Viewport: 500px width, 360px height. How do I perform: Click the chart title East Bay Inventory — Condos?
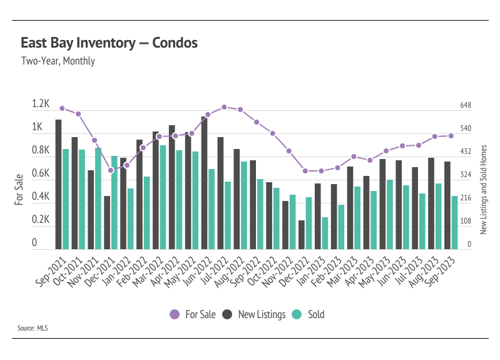(109, 43)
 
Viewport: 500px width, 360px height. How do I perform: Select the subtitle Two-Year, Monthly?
(58, 61)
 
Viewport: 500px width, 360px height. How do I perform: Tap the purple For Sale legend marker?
(175, 314)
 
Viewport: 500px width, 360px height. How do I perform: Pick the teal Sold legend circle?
(297, 314)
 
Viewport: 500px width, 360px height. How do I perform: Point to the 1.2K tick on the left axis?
(41, 103)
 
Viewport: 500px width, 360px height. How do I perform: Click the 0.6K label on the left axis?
(41, 173)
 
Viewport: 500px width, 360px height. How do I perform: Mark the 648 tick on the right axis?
(465, 105)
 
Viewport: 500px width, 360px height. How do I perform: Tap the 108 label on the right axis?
(465, 221)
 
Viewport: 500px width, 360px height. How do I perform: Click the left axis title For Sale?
(19, 190)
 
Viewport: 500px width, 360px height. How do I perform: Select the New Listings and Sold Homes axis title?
(484, 190)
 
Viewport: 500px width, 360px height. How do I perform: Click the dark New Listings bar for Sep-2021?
(58, 185)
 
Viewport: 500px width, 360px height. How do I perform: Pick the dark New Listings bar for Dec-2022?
(302, 235)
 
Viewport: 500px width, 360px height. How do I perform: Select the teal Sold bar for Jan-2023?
(325, 234)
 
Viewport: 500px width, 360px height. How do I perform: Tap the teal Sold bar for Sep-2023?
(454, 223)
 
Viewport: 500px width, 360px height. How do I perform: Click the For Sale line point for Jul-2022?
(224, 107)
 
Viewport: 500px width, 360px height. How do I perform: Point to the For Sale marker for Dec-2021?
(111, 170)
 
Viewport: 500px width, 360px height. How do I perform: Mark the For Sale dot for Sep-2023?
(451, 136)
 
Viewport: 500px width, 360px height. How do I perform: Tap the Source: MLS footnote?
(33, 328)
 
